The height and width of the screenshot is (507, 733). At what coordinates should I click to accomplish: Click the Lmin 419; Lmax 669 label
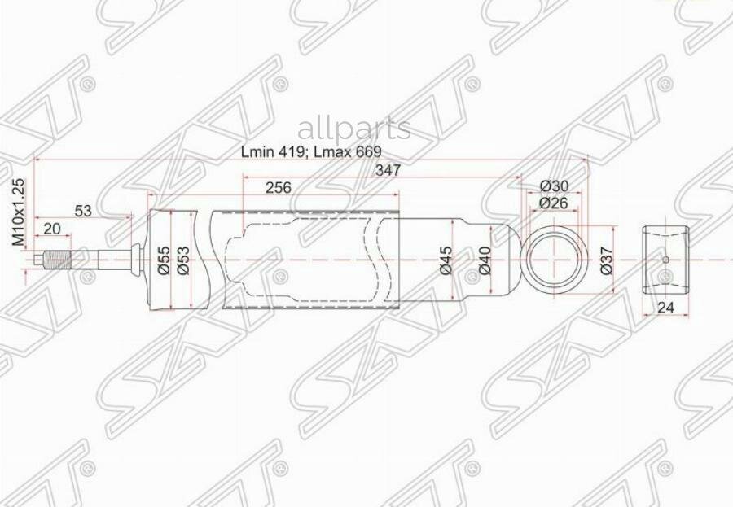click(311, 152)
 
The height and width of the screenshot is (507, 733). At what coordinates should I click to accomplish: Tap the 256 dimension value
click(278, 187)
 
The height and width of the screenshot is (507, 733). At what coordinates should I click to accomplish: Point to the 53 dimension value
click(83, 211)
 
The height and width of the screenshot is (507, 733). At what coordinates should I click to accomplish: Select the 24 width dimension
click(665, 308)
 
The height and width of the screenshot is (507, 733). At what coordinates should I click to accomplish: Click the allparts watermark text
click(354, 129)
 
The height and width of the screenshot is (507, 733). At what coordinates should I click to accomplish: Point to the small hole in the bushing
click(665, 260)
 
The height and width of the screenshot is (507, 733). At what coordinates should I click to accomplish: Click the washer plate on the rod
click(130, 260)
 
